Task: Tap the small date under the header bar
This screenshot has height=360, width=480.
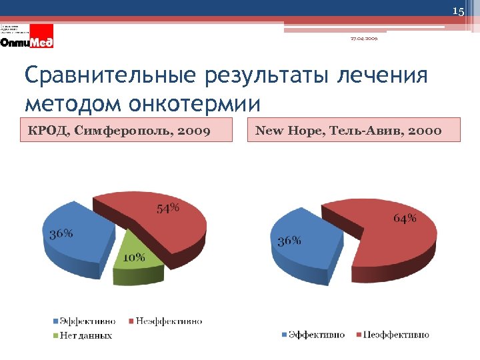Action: pos(364,39)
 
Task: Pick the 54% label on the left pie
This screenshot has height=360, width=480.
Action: pos(168,208)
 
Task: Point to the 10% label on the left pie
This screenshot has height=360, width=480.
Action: pos(133,258)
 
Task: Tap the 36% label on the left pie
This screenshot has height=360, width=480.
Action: pos(61,234)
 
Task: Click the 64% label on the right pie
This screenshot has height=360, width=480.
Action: pos(405,218)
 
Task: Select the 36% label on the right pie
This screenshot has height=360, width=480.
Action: pos(289,241)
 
